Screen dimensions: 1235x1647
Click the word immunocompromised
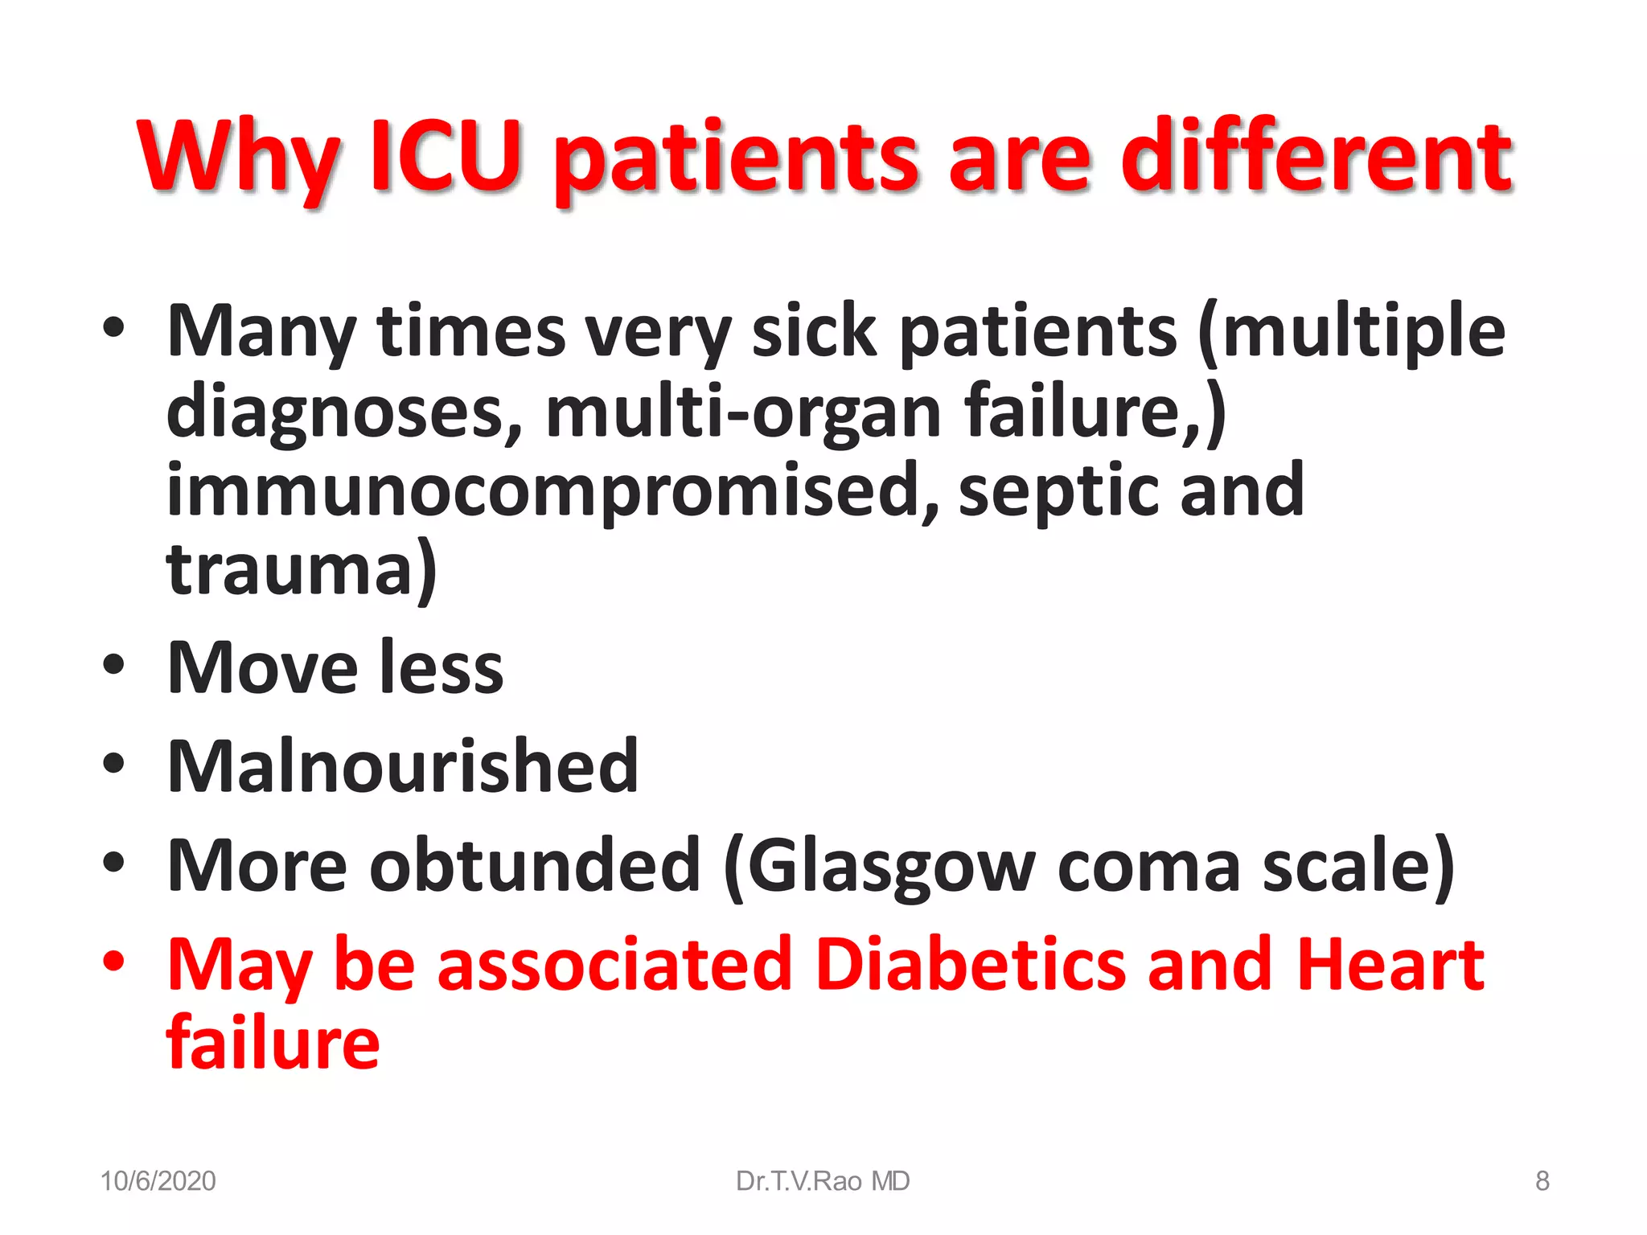(552, 490)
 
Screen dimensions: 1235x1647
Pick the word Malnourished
(402, 765)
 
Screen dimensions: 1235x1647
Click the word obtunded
(535, 865)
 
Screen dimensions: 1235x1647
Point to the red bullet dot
(114, 960)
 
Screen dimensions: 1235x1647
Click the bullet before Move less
(114, 664)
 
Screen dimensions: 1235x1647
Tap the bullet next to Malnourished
(114, 763)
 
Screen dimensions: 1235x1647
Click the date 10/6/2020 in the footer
(158, 1180)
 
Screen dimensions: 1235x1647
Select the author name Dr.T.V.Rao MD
(823, 1180)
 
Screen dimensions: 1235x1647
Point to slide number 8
(1542, 1180)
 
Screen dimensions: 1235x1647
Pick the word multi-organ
(743, 412)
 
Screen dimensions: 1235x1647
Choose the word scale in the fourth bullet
(1358, 865)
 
